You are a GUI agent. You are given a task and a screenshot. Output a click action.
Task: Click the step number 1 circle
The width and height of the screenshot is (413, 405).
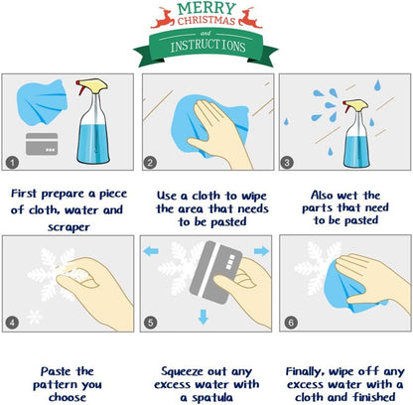pos(12,163)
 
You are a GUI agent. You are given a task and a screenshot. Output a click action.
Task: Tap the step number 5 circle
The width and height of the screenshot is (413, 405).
pos(150,323)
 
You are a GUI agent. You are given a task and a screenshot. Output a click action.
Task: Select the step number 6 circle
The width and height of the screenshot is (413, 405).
pos(291,323)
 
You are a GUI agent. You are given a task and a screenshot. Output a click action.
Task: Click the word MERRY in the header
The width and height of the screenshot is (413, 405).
pos(206,8)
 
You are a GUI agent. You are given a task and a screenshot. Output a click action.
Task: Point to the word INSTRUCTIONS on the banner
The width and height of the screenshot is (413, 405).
pos(207,46)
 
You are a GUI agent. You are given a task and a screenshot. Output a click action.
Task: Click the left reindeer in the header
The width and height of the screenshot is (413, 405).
pos(163,18)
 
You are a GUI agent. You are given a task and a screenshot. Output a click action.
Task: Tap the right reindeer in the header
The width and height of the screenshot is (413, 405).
pos(250,18)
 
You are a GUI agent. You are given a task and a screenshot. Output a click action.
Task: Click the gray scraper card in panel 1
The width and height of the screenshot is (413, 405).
pos(42,144)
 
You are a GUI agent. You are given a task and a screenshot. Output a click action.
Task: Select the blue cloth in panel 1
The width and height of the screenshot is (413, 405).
pos(42,102)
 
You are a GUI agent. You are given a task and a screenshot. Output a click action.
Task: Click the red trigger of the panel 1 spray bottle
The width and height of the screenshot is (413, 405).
pos(79,87)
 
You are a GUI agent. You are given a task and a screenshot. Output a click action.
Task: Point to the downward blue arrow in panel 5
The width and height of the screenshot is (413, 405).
pos(204,317)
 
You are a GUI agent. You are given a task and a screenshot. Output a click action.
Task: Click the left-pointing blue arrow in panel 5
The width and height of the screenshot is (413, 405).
pos(151,251)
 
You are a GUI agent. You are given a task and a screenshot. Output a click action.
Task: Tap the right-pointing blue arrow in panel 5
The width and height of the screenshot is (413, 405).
pos(261,251)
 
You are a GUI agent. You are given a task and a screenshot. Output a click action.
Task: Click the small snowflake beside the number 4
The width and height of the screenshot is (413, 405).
pos(34,317)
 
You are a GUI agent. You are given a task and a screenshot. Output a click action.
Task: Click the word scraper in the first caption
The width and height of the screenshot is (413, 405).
pos(69,227)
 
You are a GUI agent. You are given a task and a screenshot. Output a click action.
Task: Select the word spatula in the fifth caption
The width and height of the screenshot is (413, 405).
pos(212,398)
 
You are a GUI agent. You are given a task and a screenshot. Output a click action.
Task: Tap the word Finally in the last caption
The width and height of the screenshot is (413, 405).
pos(305,372)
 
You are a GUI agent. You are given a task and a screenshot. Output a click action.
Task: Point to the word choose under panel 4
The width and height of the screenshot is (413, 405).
pos(68,397)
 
